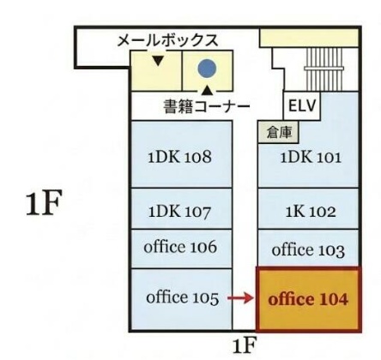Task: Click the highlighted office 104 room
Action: (x=308, y=299)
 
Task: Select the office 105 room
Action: (x=182, y=299)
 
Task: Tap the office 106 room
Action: (x=182, y=249)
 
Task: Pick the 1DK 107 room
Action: (x=182, y=208)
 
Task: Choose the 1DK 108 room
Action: (x=182, y=154)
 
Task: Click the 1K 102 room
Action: (x=308, y=208)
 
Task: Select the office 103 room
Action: (x=308, y=248)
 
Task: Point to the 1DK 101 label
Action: (x=311, y=158)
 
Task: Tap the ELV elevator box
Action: (x=302, y=105)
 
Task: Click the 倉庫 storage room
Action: (x=278, y=132)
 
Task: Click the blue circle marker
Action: (x=207, y=69)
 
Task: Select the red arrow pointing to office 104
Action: (x=241, y=298)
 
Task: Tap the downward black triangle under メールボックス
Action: (x=158, y=61)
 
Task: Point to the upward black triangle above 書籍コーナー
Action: (x=208, y=90)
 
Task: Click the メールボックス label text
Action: (x=168, y=40)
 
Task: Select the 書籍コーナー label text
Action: (x=207, y=106)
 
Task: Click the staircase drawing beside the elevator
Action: (x=324, y=69)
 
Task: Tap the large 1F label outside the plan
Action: (x=44, y=203)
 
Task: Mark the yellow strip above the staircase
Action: (x=309, y=38)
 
